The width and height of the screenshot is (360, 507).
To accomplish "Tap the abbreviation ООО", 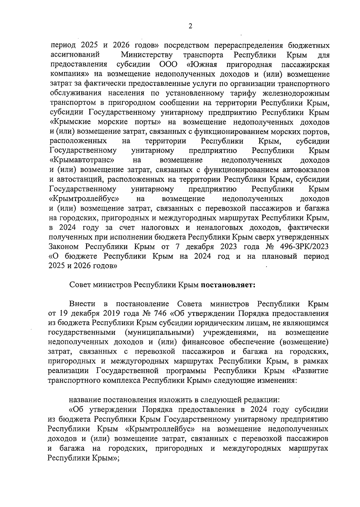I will click(167, 65).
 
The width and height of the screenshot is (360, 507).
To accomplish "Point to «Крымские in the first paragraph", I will click(71, 122).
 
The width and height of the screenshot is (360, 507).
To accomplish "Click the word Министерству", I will click(147, 55).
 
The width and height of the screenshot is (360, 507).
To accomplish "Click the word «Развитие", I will click(310, 371).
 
